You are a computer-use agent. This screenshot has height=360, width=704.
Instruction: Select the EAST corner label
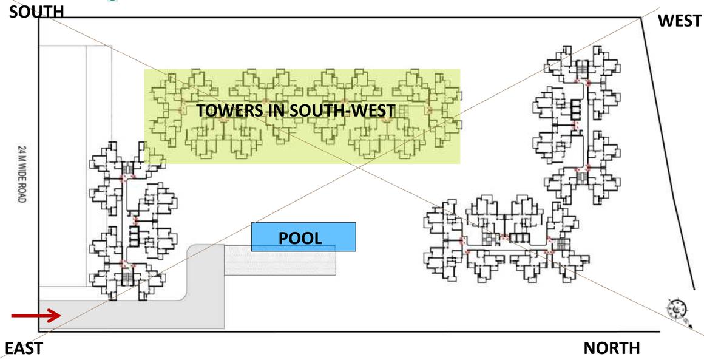(24, 348)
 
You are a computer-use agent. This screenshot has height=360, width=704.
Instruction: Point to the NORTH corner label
(611, 348)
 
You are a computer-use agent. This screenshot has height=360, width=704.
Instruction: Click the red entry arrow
(36, 315)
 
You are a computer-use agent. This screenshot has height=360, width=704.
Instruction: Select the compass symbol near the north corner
(677, 310)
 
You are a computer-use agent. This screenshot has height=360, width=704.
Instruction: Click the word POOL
(300, 238)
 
